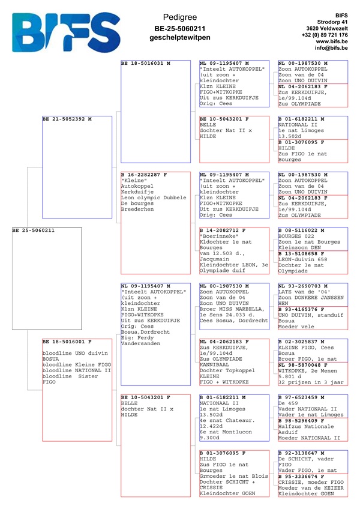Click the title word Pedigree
pyautogui.click(x=180, y=17)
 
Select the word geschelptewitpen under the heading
pyautogui.click(x=180, y=38)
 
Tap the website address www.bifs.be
pyautogui.click(x=332, y=41)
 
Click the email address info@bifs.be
pyautogui.click(x=332, y=49)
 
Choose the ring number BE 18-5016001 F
pyautogui.click(x=67, y=342)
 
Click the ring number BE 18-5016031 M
pyautogui.click(x=146, y=63)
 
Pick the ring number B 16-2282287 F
pyautogui.click(x=143, y=175)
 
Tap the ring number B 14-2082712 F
pyautogui.click(x=224, y=230)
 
